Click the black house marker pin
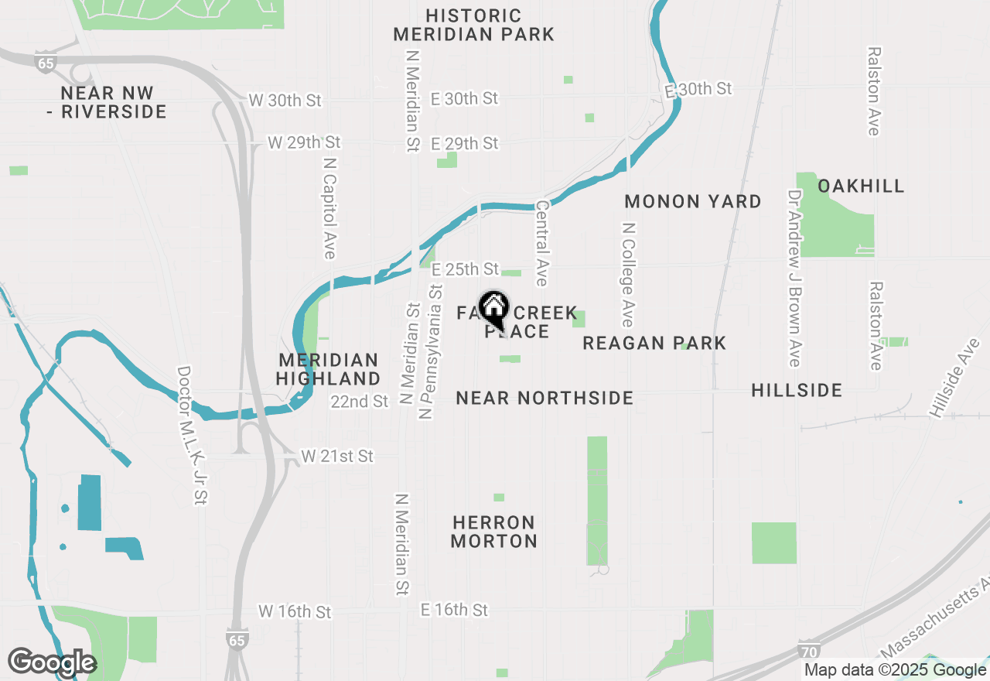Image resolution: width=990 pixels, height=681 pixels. pos(493,309)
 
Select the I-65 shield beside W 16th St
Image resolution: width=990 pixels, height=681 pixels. pos(237,640)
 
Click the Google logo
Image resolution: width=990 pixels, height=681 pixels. pos(52,663)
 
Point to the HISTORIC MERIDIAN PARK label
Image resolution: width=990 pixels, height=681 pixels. pos(473,25)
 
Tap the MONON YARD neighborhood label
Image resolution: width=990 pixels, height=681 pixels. pos(693,201)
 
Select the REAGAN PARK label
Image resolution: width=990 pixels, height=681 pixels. pos(654,343)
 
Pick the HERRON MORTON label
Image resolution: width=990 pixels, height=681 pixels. pos(494,532)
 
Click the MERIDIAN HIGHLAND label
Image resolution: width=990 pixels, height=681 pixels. pos(329,369)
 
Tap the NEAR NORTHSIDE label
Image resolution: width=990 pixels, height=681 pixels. pos(544,398)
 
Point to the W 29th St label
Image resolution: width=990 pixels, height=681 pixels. pos(304,142)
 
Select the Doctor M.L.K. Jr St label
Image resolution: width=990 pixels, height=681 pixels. pos(193,435)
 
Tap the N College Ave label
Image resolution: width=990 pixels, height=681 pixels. pos(627,275)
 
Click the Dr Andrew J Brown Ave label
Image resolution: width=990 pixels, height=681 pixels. pos(794,279)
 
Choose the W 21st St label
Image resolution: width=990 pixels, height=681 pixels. pos(337,457)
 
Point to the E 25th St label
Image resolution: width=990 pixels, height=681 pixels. pos(465,269)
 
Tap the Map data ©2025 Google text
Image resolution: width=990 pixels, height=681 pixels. pos(895,670)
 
